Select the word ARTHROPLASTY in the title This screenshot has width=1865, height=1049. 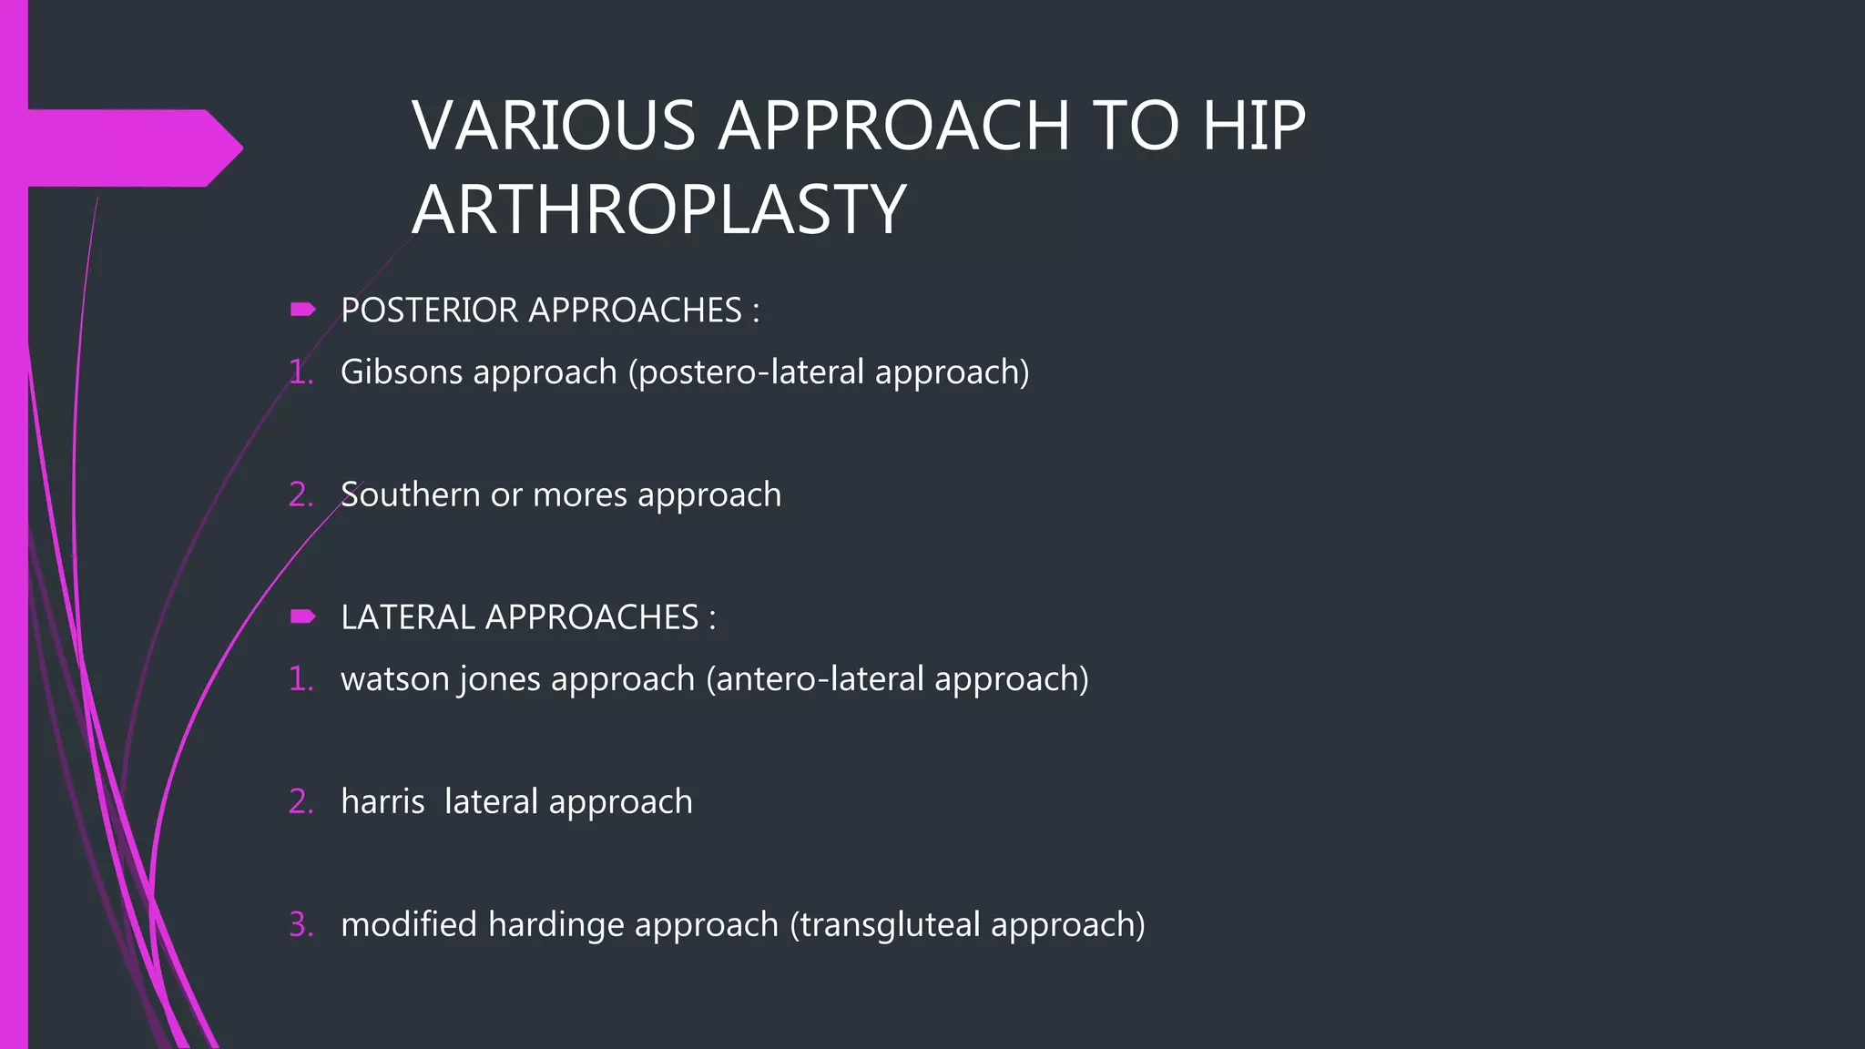click(658, 209)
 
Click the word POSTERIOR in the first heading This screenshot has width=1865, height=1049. click(429, 311)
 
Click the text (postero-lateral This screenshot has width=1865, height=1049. click(746, 372)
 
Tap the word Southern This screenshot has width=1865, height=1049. click(410, 494)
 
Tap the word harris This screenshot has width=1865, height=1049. click(382, 801)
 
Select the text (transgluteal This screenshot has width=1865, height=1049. click(884, 925)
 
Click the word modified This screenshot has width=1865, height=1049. click(409, 924)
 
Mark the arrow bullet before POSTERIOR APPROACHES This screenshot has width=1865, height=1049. click(302, 311)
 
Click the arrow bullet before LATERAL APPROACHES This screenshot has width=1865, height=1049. click(302, 617)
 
